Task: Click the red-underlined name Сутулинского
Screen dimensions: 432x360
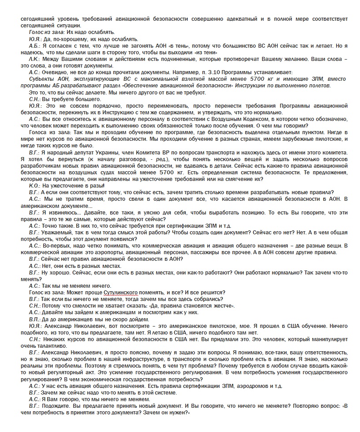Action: coord(120,292)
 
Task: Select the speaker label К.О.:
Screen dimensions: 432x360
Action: coord(34,186)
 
